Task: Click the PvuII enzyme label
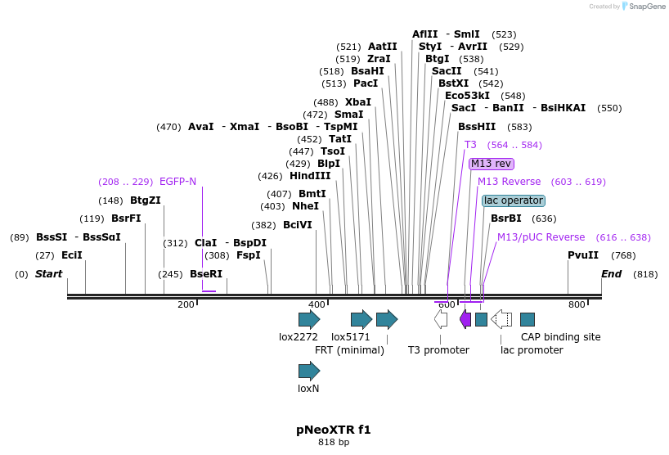(583, 255)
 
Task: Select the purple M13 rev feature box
(491, 164)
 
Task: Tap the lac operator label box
(513, 200)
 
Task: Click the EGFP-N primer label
(177, 182)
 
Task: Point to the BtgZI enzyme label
(146, 200)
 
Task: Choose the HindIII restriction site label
(310, 176)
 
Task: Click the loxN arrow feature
(309, 371)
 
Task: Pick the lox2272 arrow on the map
(309, 319)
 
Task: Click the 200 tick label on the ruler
(186, 304)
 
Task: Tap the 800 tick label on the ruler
(577, 304)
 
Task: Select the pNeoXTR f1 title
(333, 430)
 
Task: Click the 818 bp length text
(333, 443)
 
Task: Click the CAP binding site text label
(560, 337)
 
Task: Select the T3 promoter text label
(438, 350)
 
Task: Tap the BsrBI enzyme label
(505, 218)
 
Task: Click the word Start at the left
(48, 274)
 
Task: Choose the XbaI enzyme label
(357, 102)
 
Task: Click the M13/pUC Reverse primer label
(541, 237)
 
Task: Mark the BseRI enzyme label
(206, 274)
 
